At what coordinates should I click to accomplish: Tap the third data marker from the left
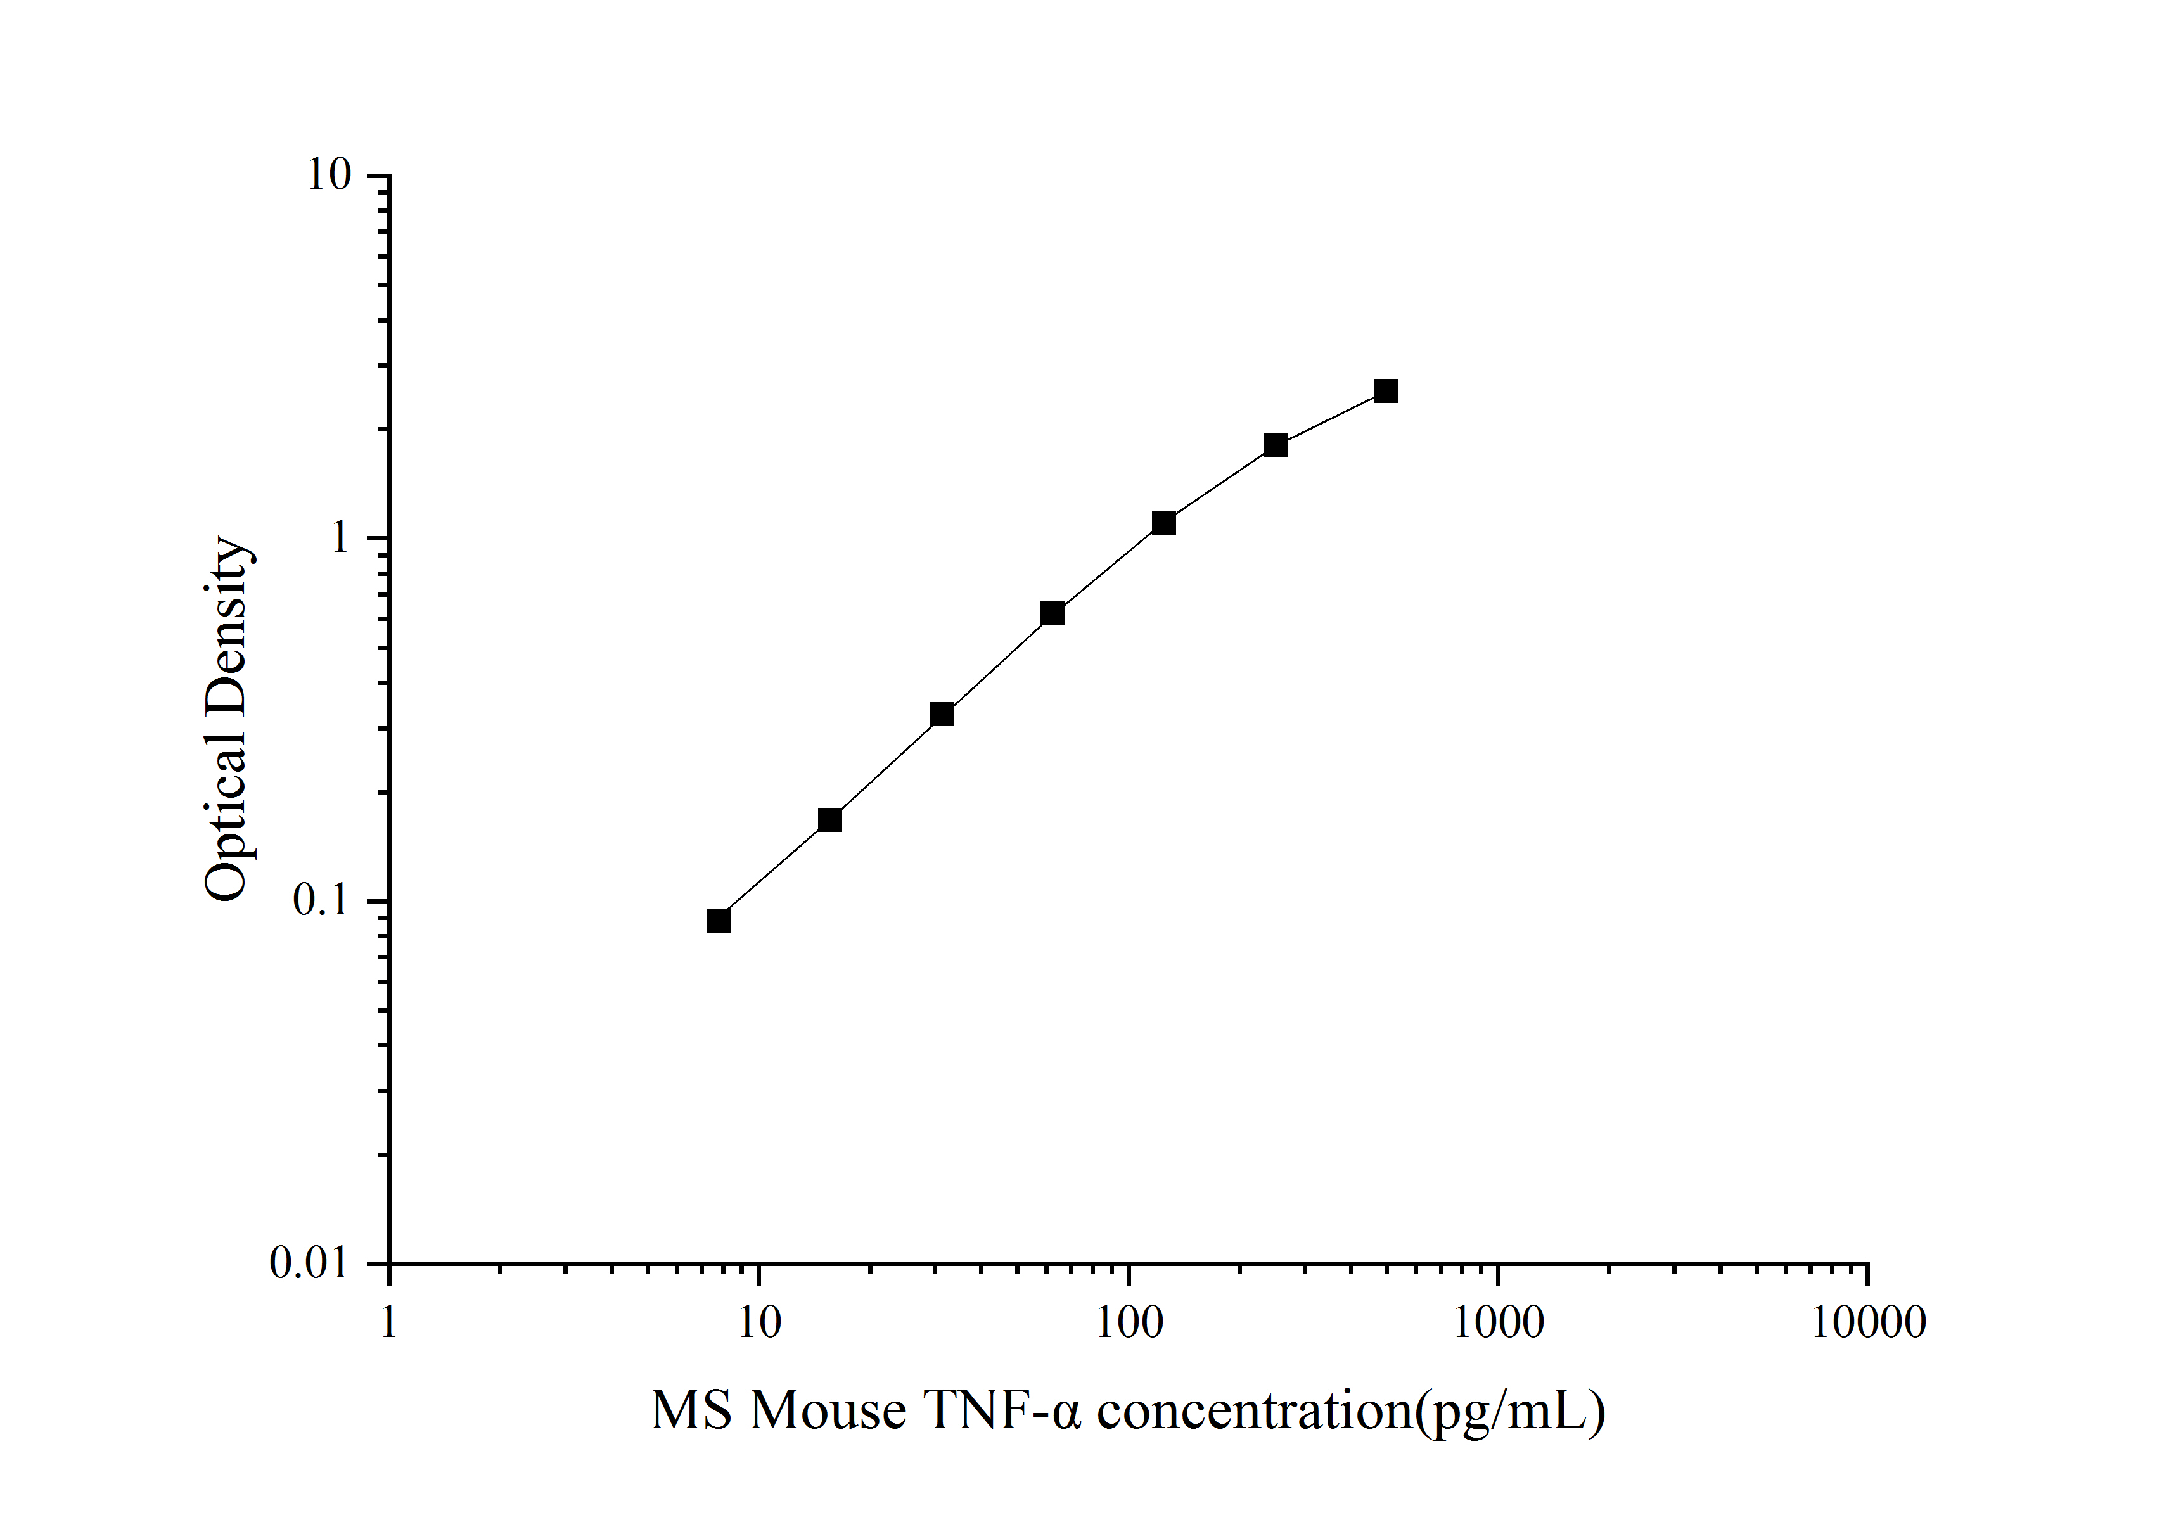[x=941, y=714]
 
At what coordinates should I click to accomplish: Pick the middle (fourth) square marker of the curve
[x=1053, y=614]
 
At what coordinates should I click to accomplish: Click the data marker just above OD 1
[x=1164, y=522]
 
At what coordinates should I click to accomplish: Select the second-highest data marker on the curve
[x=1276, y=444]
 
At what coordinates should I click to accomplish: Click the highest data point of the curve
[x=1386, y=391]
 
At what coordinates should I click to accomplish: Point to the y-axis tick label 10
[x=328, y=176]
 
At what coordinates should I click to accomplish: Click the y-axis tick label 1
[x=339, y=539]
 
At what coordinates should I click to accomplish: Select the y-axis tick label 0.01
[x=309, y=1263]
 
